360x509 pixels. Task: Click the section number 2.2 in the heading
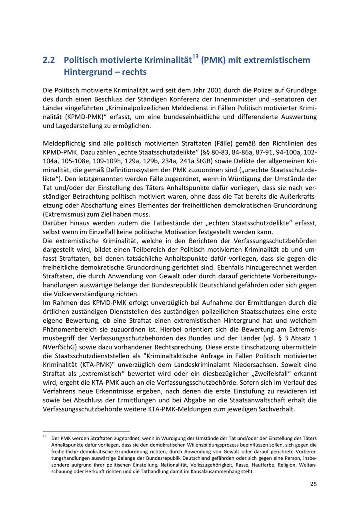[49, 60]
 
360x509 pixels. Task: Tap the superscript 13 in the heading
[196, 57]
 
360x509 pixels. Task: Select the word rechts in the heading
[134, 72]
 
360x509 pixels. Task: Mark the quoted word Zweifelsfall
[286, 373]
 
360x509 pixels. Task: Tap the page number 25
[313, 484]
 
